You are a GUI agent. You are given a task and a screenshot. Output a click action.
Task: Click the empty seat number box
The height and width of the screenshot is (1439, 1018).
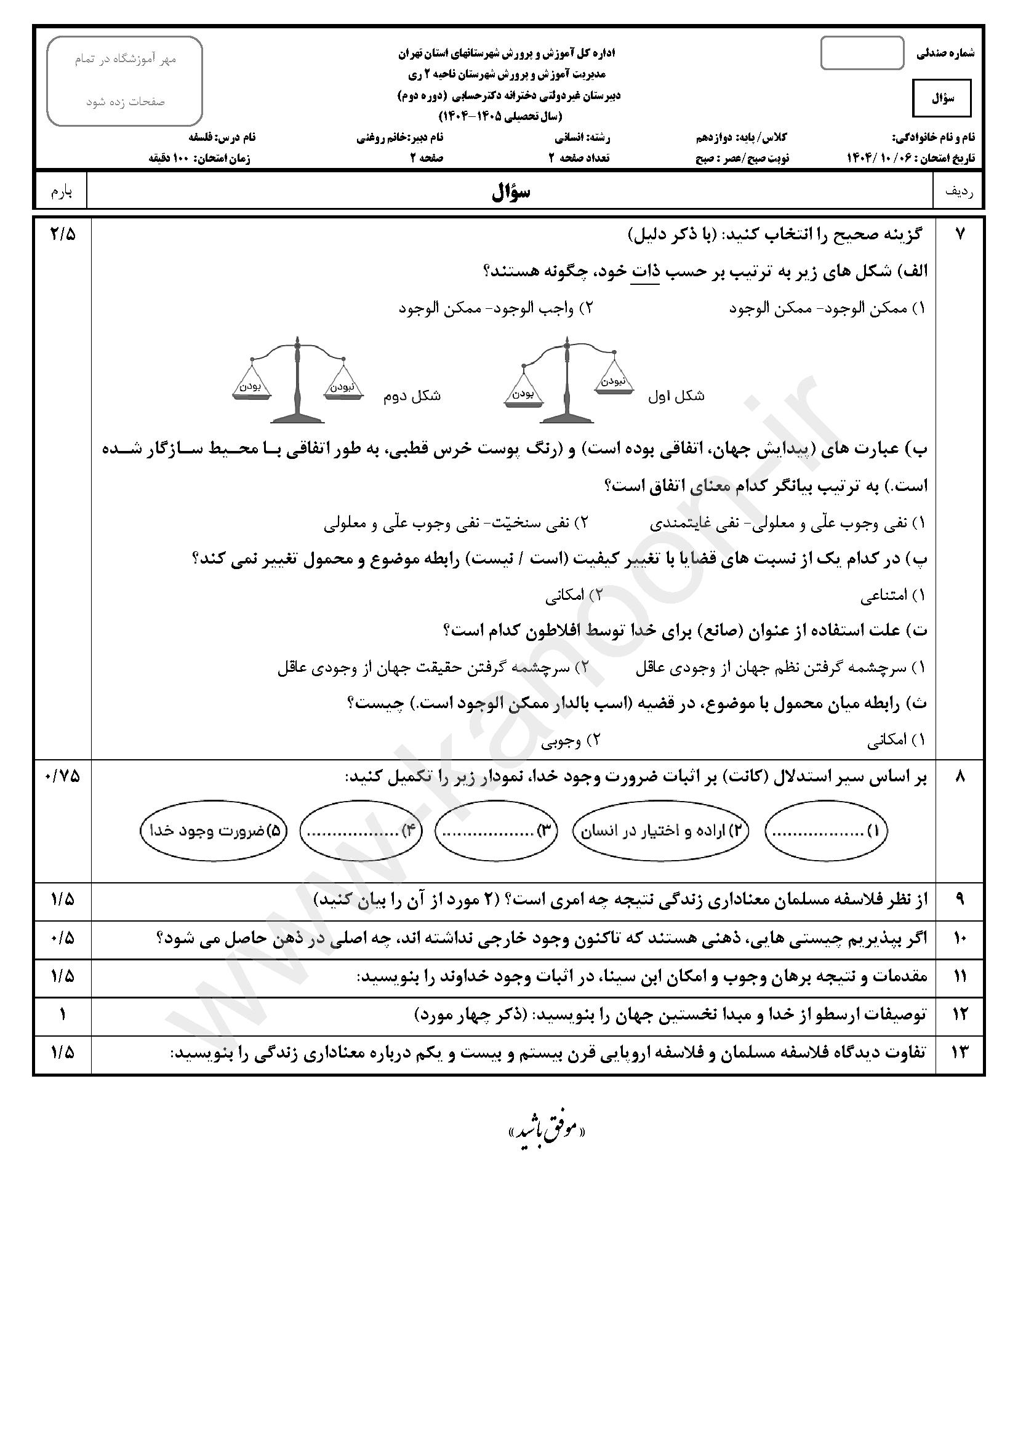862,54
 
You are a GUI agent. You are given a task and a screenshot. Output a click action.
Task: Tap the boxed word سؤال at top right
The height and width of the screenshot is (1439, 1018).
942,98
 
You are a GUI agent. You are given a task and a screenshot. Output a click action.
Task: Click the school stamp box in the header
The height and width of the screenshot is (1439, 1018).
125,81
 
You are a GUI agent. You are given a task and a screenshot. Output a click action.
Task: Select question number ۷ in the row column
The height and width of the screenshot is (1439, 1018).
960,234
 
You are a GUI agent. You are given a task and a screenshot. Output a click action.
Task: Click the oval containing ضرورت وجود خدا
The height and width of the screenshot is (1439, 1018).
213,832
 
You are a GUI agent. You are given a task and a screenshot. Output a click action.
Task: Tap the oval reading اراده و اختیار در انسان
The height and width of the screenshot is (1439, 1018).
660,832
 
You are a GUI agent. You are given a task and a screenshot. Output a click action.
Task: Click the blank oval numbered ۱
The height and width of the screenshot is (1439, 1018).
826,832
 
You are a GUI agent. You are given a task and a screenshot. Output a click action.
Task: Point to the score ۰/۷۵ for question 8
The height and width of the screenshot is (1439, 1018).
62,776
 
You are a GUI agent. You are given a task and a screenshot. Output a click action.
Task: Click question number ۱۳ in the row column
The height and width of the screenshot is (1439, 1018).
960,1052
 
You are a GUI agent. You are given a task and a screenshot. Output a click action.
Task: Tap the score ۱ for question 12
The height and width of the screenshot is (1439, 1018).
62,1014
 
